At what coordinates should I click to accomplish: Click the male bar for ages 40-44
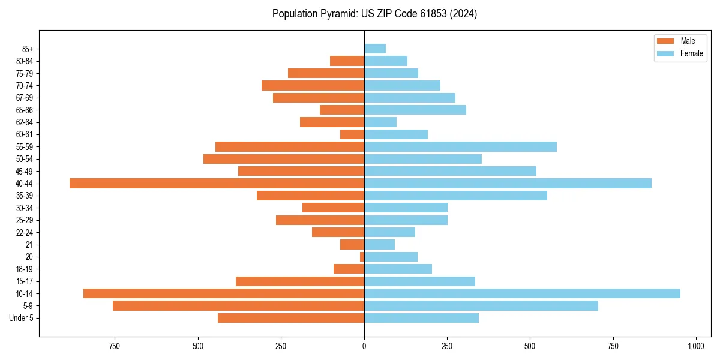point(217,183)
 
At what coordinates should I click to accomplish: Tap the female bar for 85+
point(375,49)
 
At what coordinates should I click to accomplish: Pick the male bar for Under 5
point(291,318)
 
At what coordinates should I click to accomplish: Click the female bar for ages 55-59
point(460,146)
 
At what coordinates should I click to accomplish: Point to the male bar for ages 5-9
point(238,306)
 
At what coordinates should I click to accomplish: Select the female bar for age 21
point(379,244)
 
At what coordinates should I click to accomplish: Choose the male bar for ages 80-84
point(347,61)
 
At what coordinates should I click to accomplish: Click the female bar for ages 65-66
point(415,110)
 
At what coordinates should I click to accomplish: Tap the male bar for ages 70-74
point(313,85)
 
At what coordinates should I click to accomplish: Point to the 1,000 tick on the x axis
point(695,346)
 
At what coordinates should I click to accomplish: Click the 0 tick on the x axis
point(364,346)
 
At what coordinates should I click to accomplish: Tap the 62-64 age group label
point(24,122)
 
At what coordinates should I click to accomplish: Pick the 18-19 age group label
point(24,269)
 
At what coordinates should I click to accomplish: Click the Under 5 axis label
point(22,318)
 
